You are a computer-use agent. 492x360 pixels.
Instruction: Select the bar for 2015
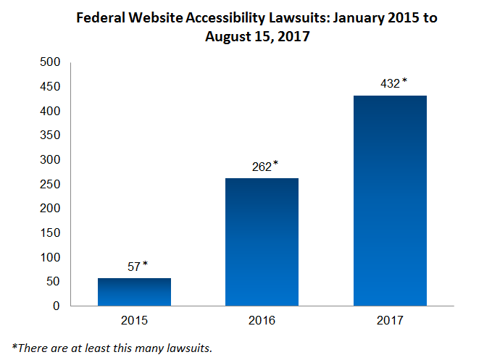point(134,292)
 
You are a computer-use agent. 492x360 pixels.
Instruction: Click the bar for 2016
point(262,242)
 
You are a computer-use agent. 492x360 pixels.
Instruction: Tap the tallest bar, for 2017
point(389,201)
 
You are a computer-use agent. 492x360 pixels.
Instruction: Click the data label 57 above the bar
point(134,267)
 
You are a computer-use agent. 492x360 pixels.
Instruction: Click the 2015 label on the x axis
point(134,319)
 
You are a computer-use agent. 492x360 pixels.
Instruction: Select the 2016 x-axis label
point(262,319)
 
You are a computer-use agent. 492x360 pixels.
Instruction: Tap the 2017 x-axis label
point(389,319)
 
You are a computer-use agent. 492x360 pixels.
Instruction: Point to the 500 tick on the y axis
point(49,62)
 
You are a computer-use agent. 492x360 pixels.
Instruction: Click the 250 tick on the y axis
point(49,184)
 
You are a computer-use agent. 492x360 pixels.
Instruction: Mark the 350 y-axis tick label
point(49,135)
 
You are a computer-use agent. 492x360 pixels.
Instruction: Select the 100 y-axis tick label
point(49,257)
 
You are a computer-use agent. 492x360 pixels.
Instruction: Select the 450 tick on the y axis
point(49,87)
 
